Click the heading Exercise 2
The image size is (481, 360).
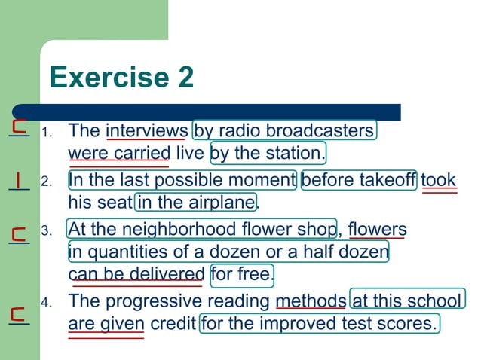[x=121, y=77]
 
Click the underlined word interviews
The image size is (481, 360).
[x=146, y=130]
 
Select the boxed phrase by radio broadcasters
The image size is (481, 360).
[x=284, y=130]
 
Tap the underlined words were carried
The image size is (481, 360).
[x=119, y=154]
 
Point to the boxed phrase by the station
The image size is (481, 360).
[x=268, y=154]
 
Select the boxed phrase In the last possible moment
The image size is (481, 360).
[x=181, y=181]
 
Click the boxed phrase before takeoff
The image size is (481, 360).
[x=358, y=181]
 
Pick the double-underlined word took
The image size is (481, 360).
[x=439, y=181]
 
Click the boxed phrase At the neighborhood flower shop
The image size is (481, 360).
[x=202, y=229]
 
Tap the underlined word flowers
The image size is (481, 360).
[x=377, y=229]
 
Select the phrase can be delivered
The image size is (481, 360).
[x=136, y=274]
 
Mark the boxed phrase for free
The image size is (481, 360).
[x=242, y=274]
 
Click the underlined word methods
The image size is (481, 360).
[x=311, y=302]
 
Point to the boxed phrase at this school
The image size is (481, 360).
[x=406, y=302]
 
